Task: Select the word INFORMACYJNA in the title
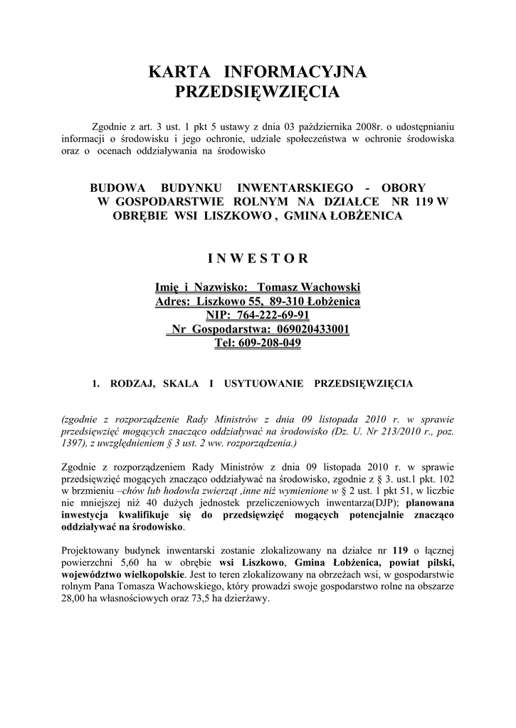tap(295, 72)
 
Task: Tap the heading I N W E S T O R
tap(258, 257)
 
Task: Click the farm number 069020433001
tap(308, 330)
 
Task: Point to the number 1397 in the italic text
tap(75, 444)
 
